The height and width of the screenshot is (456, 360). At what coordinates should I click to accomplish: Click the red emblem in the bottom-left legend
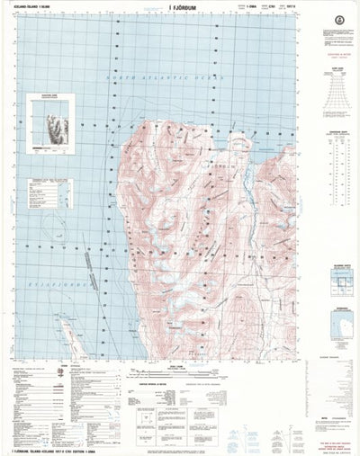(x=60, y=373)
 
